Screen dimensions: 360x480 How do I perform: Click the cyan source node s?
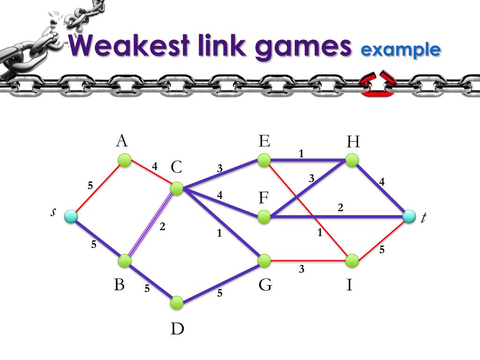70,216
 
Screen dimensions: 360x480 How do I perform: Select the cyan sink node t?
409,216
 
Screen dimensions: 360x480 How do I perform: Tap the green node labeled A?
124,160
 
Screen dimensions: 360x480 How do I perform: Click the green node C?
177,188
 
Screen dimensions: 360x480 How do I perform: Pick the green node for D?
177,302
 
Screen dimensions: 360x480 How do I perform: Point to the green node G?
264,260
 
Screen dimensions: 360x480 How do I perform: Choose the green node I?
352,260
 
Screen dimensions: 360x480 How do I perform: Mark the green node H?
352,160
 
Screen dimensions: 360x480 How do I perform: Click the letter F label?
264,198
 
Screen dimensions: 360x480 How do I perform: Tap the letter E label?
264,141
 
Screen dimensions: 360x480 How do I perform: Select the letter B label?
119,284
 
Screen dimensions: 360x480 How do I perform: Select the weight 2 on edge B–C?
162,226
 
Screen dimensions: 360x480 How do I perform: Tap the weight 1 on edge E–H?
301,153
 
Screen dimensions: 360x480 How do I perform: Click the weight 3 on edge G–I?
302,269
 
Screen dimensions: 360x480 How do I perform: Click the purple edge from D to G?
221,281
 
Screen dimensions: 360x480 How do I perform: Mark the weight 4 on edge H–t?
382,182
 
